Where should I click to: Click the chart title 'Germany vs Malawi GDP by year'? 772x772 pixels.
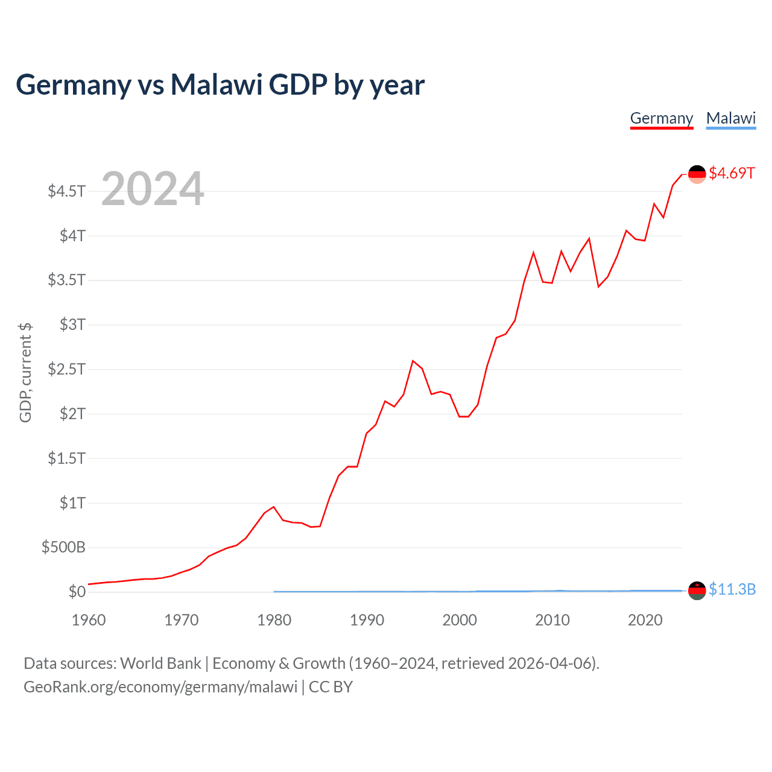tap(220, 84)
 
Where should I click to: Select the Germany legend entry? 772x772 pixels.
tap(662, 118)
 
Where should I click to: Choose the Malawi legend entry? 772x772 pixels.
tap(731, 118)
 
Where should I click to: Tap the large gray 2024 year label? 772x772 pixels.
tap(153, 189)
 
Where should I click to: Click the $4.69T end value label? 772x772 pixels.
tap(732, 173)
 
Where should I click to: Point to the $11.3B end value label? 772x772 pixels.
tap(732, 589)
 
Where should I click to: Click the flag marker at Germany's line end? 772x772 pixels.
tap(697, 174)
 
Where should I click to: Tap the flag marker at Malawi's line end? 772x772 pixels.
tap(697, 590)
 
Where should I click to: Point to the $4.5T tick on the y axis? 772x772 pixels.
tap(67, 191)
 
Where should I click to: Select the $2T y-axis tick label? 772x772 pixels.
tap(72, 414)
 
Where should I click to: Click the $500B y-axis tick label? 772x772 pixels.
tap(63, 547)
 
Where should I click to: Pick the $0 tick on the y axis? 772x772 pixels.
tap(77, 592)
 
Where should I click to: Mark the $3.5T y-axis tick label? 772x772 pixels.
tap(67, 280)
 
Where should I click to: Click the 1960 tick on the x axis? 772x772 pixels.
tap(89, 620)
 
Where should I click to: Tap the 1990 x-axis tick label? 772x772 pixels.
tap(367, 620)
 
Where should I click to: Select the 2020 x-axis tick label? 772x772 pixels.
tap(645, 620)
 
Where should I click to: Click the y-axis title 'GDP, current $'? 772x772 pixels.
tap(25, 372)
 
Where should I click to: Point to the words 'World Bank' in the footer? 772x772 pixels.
tap(160, 663)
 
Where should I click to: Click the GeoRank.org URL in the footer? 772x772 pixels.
tap(160, 687)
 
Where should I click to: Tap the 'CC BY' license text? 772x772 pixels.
tap(331, 687)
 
